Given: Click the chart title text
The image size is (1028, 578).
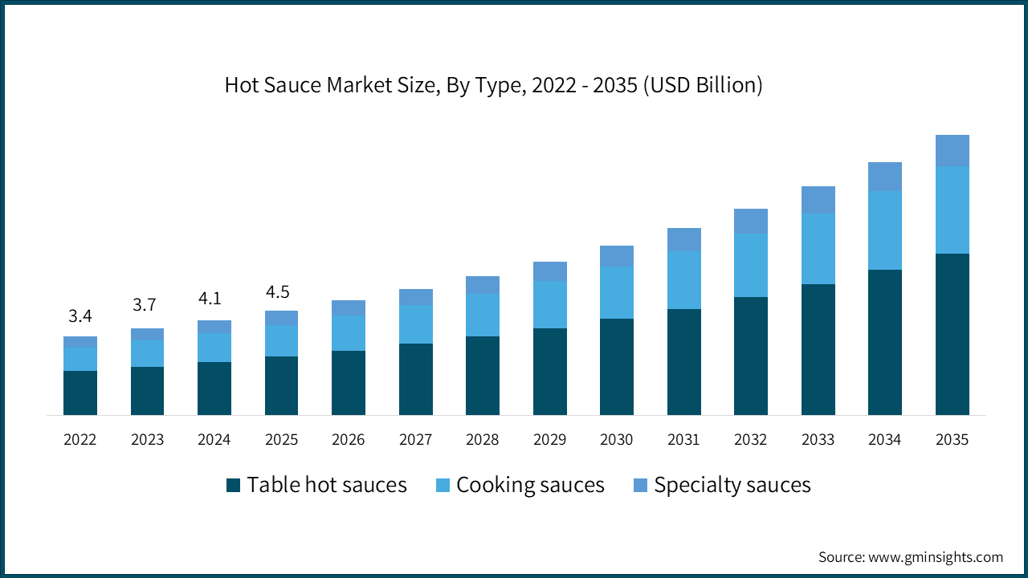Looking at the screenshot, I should (x=493, y=85).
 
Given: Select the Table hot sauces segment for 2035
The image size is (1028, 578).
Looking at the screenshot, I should (x=952, y=334).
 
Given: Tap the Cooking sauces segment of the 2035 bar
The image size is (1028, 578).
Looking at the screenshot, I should (x=952, y=210).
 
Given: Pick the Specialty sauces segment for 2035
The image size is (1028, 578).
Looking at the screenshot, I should (x=952, y=150).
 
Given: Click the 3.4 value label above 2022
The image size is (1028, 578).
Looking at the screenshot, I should (x=80, y=316).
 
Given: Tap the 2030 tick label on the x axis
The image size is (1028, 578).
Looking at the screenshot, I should (x=616, y=440).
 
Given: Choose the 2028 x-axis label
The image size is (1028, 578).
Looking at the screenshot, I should (x=482, y=440).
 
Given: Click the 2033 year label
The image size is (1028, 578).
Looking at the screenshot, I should (x=818, y=440).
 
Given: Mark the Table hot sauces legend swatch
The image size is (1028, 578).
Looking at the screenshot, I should (x=234, y=485).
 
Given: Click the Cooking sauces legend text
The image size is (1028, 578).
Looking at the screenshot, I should (x=530, y=485).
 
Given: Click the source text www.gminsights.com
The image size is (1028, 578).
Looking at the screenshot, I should (x=911, y=557).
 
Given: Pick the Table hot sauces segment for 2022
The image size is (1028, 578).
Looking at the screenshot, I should (x=80, y=393).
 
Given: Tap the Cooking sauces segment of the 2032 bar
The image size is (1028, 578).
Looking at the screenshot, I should (x=751, y=265).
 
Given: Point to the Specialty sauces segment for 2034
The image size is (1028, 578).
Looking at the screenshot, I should (x=885, y=176).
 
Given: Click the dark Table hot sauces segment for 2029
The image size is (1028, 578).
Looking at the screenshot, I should (x=549, y=371).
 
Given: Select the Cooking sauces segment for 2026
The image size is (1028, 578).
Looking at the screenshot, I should (x=349, y=332).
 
